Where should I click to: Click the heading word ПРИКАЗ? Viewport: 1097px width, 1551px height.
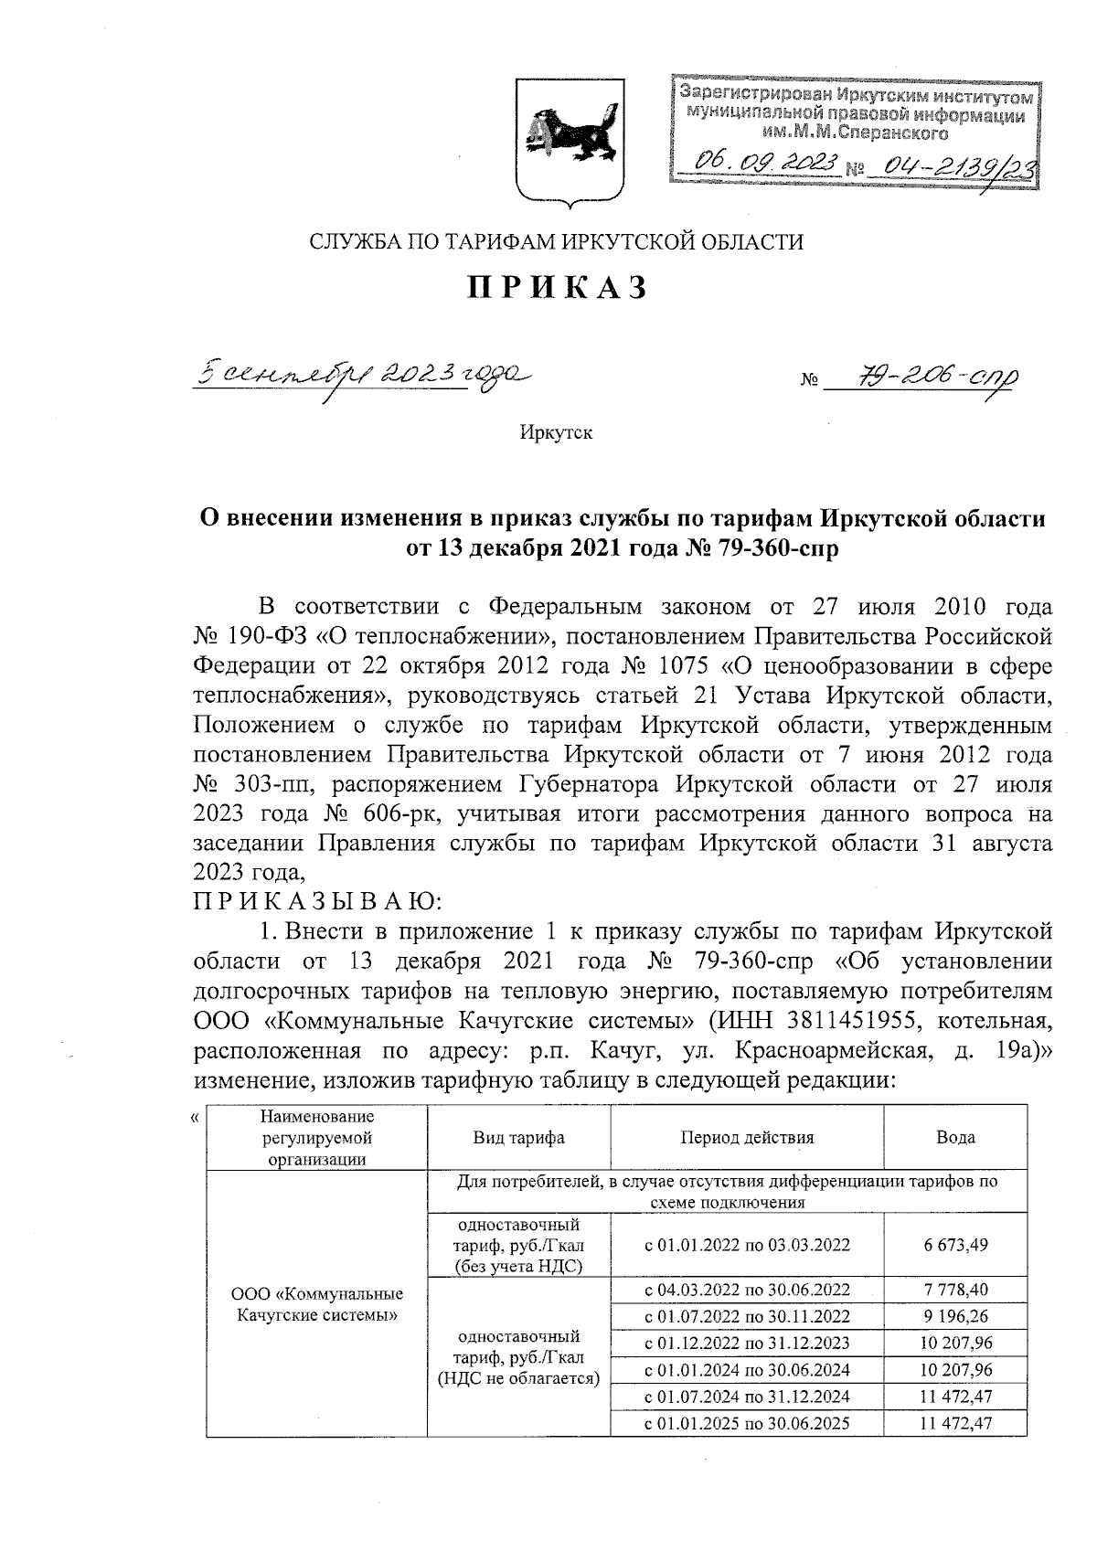pos(558,287)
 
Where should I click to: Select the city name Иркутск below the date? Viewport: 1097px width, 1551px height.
pos(556,432)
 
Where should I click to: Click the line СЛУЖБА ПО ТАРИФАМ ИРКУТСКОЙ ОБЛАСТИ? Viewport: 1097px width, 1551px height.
pos(557,242)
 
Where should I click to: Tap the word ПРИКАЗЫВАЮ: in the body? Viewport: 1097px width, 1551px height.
pos(317,901)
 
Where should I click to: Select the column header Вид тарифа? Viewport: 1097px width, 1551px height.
pos(518,1138)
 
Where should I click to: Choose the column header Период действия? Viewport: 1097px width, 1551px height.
pos(747,1138)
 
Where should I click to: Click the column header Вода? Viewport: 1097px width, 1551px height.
pos(955,1138)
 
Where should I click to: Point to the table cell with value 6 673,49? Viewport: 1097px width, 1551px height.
pos(955,1245)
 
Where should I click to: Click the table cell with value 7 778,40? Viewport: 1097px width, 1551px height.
pos(955,1290)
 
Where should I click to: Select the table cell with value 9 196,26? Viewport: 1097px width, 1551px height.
pos(955,1316)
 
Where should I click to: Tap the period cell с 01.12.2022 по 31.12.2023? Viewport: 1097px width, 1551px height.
pos(747,1343)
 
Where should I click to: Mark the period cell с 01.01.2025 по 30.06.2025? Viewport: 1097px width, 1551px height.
pos(747,1423)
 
